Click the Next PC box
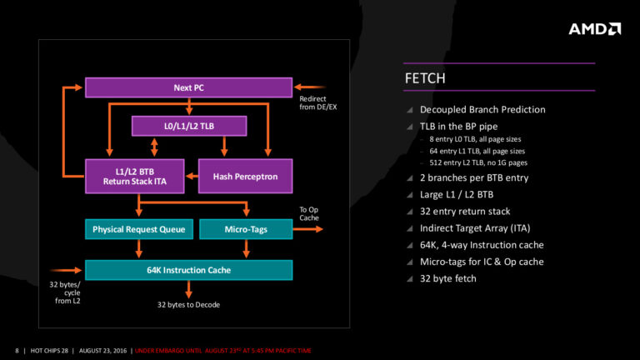[x=188, y=87]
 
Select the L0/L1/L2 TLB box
[x=190, y=125]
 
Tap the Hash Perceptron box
[x=245, y=176]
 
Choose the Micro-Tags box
[x=246, y=228]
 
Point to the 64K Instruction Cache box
[x=188, y=270]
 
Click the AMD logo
[x=594, y=29]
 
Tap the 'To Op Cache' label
[x=309, y=214]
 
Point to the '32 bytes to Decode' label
[x=189, y=305]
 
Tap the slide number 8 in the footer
[x=17, y=349]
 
